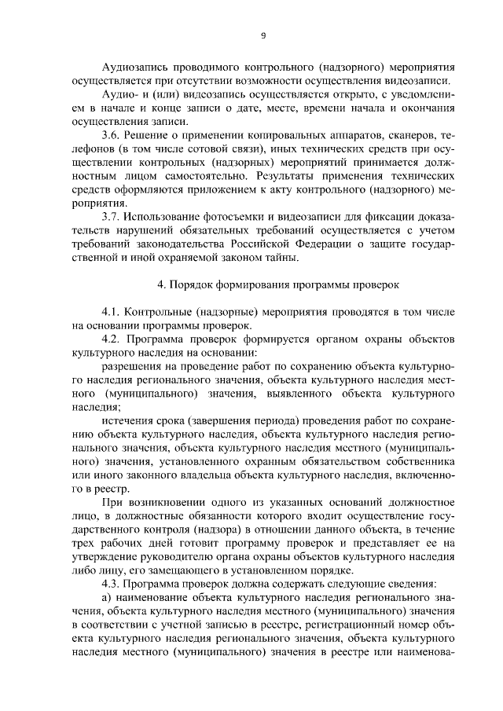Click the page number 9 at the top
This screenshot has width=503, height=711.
pos(263,35)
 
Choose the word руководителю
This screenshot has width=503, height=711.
pos(167,555)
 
